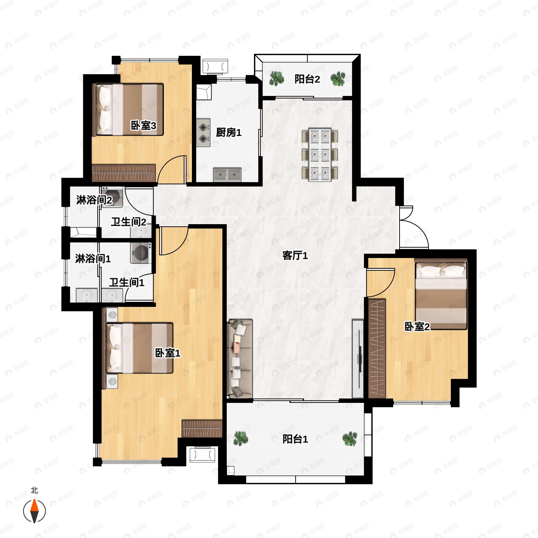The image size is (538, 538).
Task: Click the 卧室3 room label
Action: pos(143,126)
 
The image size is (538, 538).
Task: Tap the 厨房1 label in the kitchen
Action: pos(229,132)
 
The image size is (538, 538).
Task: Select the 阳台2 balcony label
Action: pos(307,79)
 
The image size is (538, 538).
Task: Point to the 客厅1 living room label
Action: pos(295,255)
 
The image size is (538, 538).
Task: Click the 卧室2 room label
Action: pos(417,327)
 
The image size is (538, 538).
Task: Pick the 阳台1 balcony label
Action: pos(295,439)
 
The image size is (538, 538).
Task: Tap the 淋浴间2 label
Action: pos(94,200)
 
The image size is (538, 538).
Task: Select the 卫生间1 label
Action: pos(127,283)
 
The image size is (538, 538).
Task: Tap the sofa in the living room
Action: pos(240,359)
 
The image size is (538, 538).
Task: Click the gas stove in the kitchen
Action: pos(203,132)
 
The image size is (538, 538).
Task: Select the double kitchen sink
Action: pos(227,175)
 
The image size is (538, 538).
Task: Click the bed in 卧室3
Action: pos(128,109)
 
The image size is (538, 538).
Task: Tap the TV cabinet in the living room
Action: pos(358,359)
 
